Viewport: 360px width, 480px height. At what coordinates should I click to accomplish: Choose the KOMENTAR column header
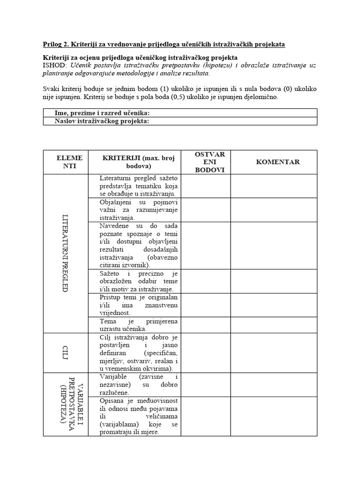click(x=277, y=162)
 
